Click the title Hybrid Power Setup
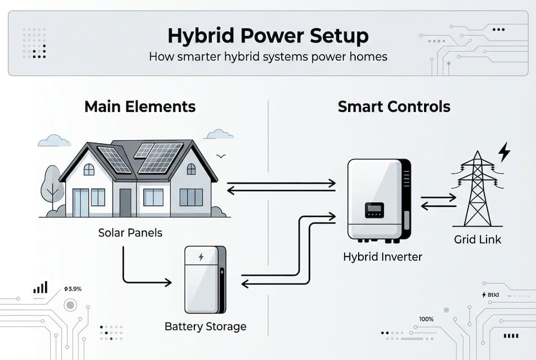(268, 36)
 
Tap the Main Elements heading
(140, 106)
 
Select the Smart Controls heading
(394, 106)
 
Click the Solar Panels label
(130, 233)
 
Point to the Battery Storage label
(205, 326)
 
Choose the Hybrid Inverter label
(383, 257)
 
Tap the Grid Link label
(478, 239)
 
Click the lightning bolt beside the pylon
(505, 151)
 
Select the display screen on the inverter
(374, 210)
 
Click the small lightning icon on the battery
(201, 257)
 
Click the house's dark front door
(125, 202)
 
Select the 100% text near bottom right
(426, 319)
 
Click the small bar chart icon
(40, 287)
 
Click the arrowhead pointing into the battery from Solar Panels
(168, 283)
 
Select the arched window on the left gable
(89, 169)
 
